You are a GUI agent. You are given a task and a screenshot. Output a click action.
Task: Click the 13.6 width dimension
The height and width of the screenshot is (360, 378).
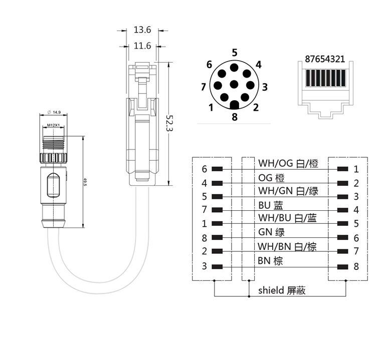tap(142, 30)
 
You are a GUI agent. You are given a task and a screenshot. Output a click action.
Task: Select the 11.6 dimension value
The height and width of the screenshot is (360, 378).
tap(142, 46)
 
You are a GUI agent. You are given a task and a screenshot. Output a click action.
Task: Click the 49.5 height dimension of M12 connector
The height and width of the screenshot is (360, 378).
tap(85, 181)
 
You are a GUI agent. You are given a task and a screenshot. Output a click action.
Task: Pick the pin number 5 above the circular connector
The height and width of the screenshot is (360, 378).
tap(235, 53)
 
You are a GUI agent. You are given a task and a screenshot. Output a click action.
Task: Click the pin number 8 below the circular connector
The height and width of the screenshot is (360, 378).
tap(234, 118)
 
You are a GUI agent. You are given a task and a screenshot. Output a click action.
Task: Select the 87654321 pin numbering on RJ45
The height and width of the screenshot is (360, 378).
tap(324, 59)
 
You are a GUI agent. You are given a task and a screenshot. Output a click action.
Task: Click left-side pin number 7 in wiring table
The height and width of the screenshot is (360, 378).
tap(205, 210)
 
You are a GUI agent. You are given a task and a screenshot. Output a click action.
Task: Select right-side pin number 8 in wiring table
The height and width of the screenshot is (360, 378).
tap(356, 266)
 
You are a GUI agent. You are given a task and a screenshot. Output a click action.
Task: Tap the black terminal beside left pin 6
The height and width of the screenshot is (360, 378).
tap(217, 169)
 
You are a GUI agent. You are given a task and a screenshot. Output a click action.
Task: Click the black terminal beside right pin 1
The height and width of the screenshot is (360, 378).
tap(343, 169)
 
